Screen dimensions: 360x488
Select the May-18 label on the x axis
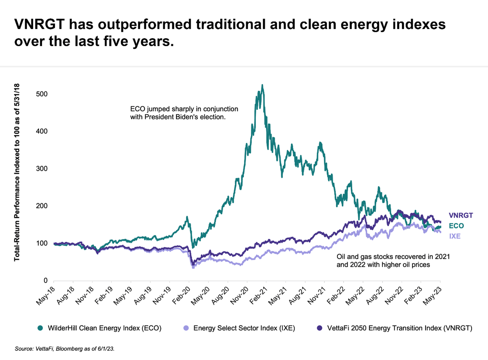point(47,294)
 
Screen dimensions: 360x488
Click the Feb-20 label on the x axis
point(182,294)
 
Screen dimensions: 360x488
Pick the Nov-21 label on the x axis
point(318,294)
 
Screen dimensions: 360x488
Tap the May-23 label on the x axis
point(434,294)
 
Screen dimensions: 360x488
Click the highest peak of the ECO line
point(262,85)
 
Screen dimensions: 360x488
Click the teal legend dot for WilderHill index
point(39,328)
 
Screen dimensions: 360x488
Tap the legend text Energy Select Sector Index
point(244,328)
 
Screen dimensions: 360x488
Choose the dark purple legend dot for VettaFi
point(319,328)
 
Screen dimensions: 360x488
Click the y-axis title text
point(17,173)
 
